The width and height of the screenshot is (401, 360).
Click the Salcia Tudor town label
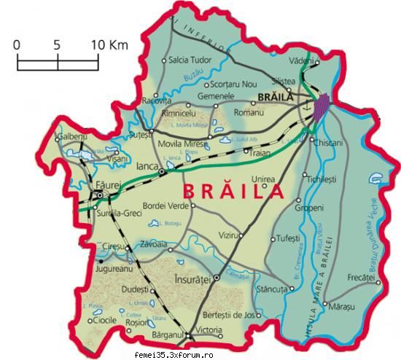coord(189,60)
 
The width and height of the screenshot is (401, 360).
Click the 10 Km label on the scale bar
coord(109,45)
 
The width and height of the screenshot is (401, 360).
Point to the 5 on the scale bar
coord(57,45)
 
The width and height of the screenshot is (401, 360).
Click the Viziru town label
coord(230,236)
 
